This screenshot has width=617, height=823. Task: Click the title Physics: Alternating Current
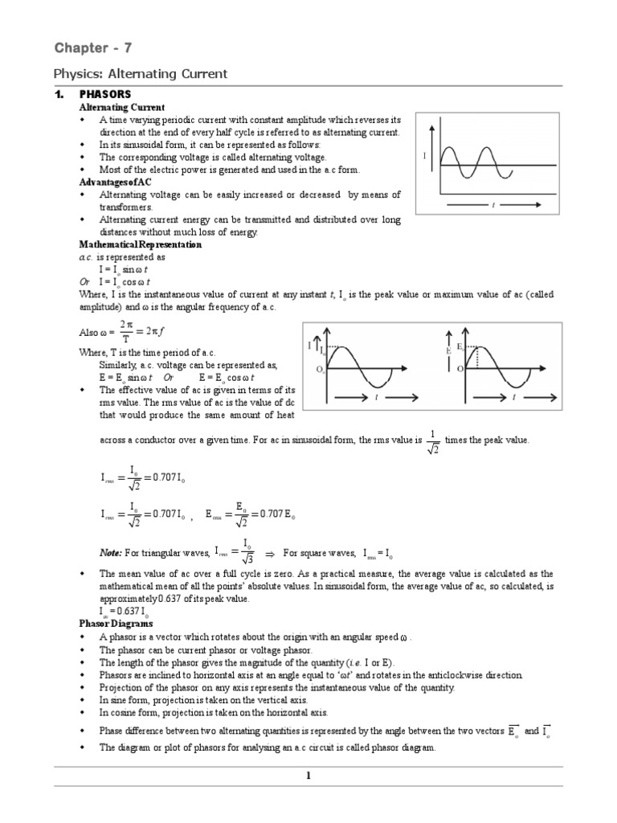pyautogui.click(x=141, y=74)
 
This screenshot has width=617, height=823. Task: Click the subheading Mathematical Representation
pyautogui.click(x=140, y=244)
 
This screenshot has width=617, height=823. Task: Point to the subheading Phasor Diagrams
pyautogui.click(x=116, y=623)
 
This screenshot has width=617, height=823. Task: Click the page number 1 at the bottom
pyautogui.click(x=307, y=775)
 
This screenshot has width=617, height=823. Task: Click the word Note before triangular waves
pyautogui.click(x=112, y=553)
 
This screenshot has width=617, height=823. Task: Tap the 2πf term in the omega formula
pyautogui.click(x=165, y=332)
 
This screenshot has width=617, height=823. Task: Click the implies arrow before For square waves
pyautogui.click(x=271, y=554)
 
